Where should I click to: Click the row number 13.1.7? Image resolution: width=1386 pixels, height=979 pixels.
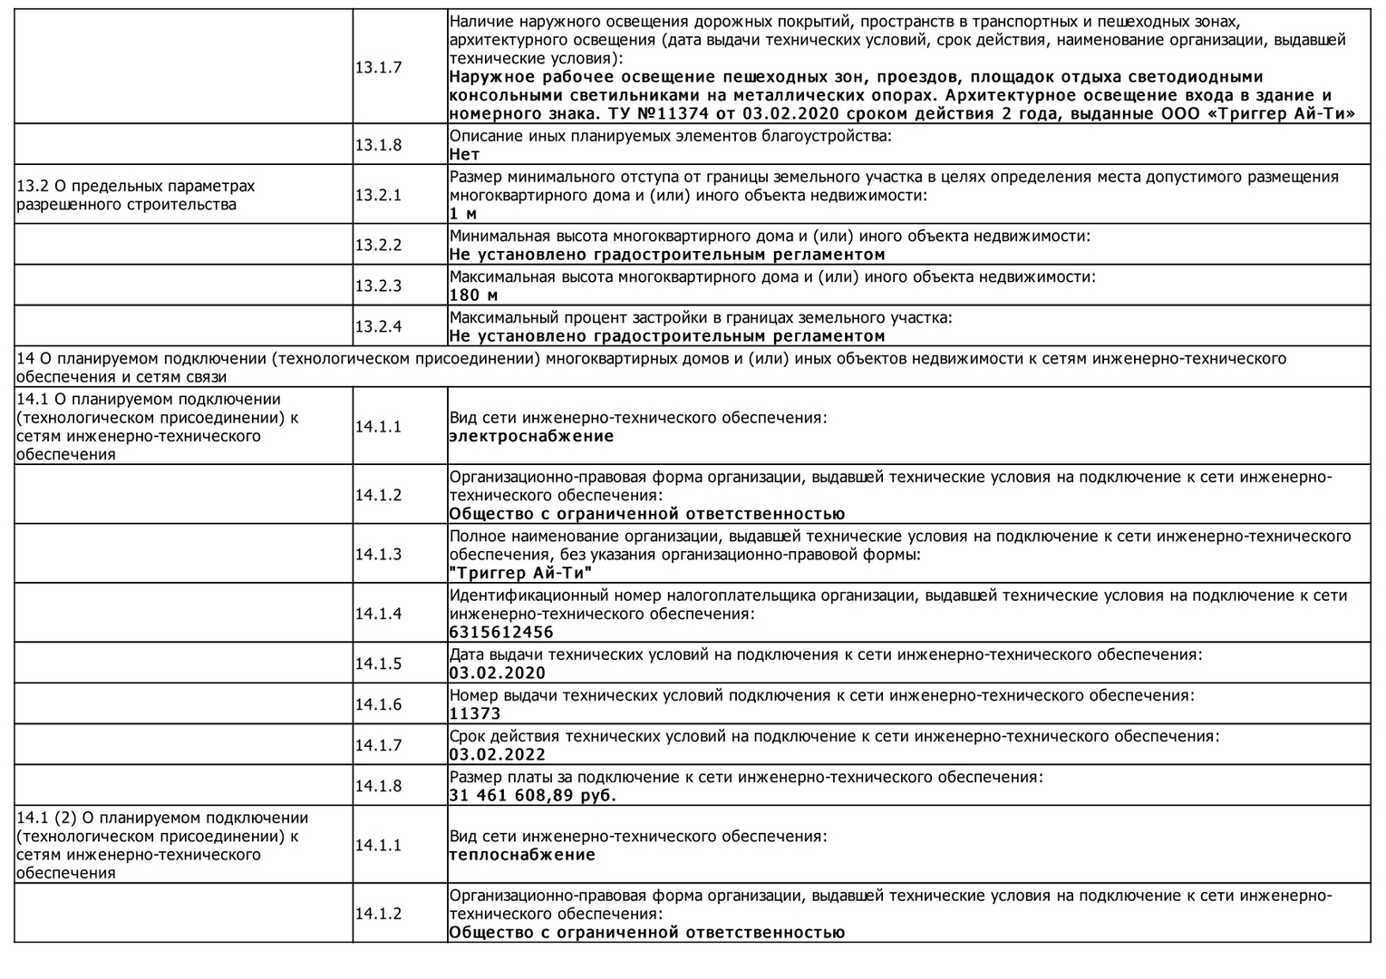point(378,68)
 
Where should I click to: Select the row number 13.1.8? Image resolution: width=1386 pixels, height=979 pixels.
point(378,145)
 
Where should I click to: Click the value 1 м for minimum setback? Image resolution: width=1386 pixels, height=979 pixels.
point(463,214)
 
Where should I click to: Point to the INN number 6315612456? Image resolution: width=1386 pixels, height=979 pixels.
point(501,633)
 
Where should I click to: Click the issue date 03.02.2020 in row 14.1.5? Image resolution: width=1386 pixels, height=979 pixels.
point(498,674)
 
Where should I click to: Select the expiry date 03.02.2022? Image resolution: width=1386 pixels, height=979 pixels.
point(498,755)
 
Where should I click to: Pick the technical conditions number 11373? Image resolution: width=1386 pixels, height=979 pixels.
point(475,714)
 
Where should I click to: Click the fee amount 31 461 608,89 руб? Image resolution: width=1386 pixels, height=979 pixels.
point(533,796)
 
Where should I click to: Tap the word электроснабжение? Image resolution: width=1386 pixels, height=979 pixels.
point(531,437)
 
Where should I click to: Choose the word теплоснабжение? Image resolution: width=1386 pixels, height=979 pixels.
point(522,855)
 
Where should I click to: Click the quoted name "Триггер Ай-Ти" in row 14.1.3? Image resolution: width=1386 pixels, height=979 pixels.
point(521,573)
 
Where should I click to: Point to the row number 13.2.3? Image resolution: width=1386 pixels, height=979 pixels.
point(378,286)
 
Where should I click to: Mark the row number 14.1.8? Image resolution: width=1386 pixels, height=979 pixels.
point(378,786)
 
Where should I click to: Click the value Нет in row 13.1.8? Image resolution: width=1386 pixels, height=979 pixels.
point(465,155)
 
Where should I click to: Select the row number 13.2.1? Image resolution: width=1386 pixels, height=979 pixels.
point(378,195)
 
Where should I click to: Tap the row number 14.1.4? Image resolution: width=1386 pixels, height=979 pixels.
point(378,614)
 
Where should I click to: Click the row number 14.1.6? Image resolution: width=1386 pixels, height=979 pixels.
point(378,704)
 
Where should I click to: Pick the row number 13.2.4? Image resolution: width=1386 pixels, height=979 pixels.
point(378,327)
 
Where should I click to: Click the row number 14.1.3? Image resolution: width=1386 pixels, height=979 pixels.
point(378,554)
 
